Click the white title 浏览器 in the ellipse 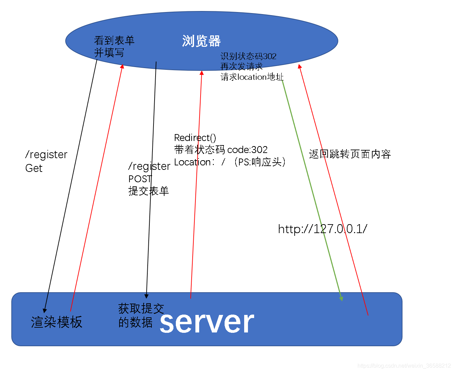[x=201, y=41]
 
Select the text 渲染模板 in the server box [x=57, y=322]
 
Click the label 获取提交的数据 [x=141, y=315]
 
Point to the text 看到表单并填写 [x=114, y=46]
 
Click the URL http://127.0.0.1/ [x=322, y=229]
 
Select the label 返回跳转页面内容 [x=350, y=154]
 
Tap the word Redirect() [x=195, y=138]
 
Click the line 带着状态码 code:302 [x=221, y=150]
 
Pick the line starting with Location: [x=230, y=162]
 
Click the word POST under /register [x=140, y=179]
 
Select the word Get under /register [x=34, y=168]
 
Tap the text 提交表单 [x=148, y=191]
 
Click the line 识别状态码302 [x=248, y=56]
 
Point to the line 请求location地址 [x=252, y=77]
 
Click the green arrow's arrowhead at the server [x=341, y=298]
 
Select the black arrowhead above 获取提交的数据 [x=146, y=296]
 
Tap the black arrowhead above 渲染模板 [x=45, y=310]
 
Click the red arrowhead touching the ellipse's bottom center [x=202, y=73]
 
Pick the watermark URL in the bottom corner [x=404, y=366]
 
